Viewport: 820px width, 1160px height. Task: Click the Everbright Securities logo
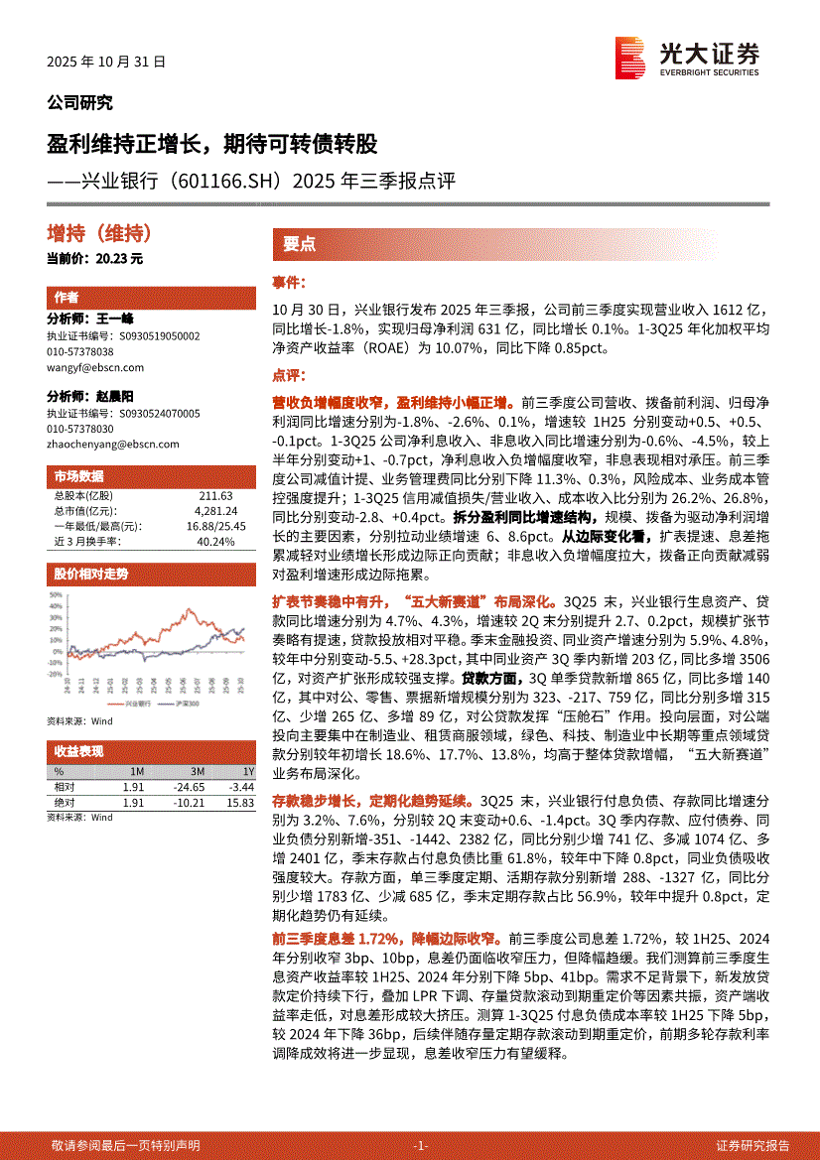pyautogui.click(x=686, y=58)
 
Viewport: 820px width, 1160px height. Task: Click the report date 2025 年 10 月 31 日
pyautogui.click(x=106, y=61)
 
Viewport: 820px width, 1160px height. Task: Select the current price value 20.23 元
pyautogui.click(x=121, y=259)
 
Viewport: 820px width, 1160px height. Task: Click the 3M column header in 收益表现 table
pyautogui.click(x=198, y=771)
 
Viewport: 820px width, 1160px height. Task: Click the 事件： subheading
pyautogui.click(x=290, y=283)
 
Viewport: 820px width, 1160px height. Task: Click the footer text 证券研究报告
pyautogui.click(x=752, y=1145)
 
